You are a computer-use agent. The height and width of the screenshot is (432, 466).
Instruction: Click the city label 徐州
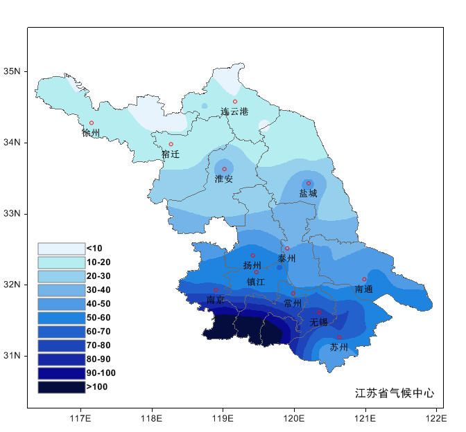[91, 133]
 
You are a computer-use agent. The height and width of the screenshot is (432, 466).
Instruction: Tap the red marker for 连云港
[235, 102]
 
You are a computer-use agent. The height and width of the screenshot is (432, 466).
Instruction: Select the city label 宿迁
[171, 154]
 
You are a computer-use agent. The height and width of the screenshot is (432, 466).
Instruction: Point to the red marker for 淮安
[224, 169]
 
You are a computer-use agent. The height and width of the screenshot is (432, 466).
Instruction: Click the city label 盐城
[308, 194]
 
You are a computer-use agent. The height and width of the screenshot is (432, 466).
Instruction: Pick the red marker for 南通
[364, 280]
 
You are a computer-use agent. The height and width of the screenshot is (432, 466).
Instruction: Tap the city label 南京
[216, 300]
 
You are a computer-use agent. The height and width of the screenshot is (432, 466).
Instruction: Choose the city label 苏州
[339, 347]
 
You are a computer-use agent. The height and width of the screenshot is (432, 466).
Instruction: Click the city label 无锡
[318, 323]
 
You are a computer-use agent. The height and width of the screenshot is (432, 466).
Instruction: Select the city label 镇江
[256, 282]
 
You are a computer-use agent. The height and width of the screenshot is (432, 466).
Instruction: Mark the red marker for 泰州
[287, 249]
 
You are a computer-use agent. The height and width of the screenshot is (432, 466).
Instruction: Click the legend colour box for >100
[61, 387]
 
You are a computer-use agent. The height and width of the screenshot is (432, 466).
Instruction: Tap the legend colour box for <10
[61, 249]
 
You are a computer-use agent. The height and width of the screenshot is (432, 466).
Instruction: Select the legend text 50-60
[98, 318]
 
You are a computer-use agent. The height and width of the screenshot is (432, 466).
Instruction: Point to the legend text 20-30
[98, 276]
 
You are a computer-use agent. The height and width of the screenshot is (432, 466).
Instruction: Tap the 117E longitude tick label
[80, 418]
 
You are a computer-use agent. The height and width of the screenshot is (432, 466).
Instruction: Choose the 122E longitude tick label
[436, 418]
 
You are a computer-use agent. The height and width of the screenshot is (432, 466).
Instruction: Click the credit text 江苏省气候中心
[395, 393]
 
